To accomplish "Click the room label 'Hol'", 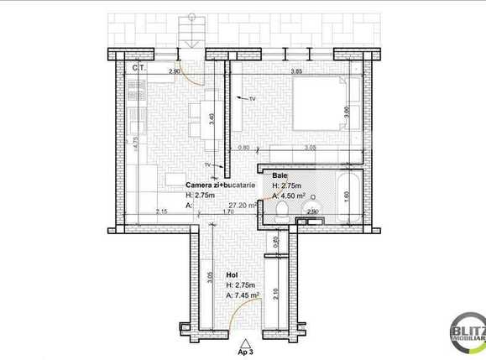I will pos(232,274).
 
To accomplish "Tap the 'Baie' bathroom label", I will pos(280,175).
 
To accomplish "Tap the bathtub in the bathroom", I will pos(345,199).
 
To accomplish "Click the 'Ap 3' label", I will pos(245,350).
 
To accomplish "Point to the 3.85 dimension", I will pos(296,72).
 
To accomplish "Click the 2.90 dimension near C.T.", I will pos(174,72).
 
